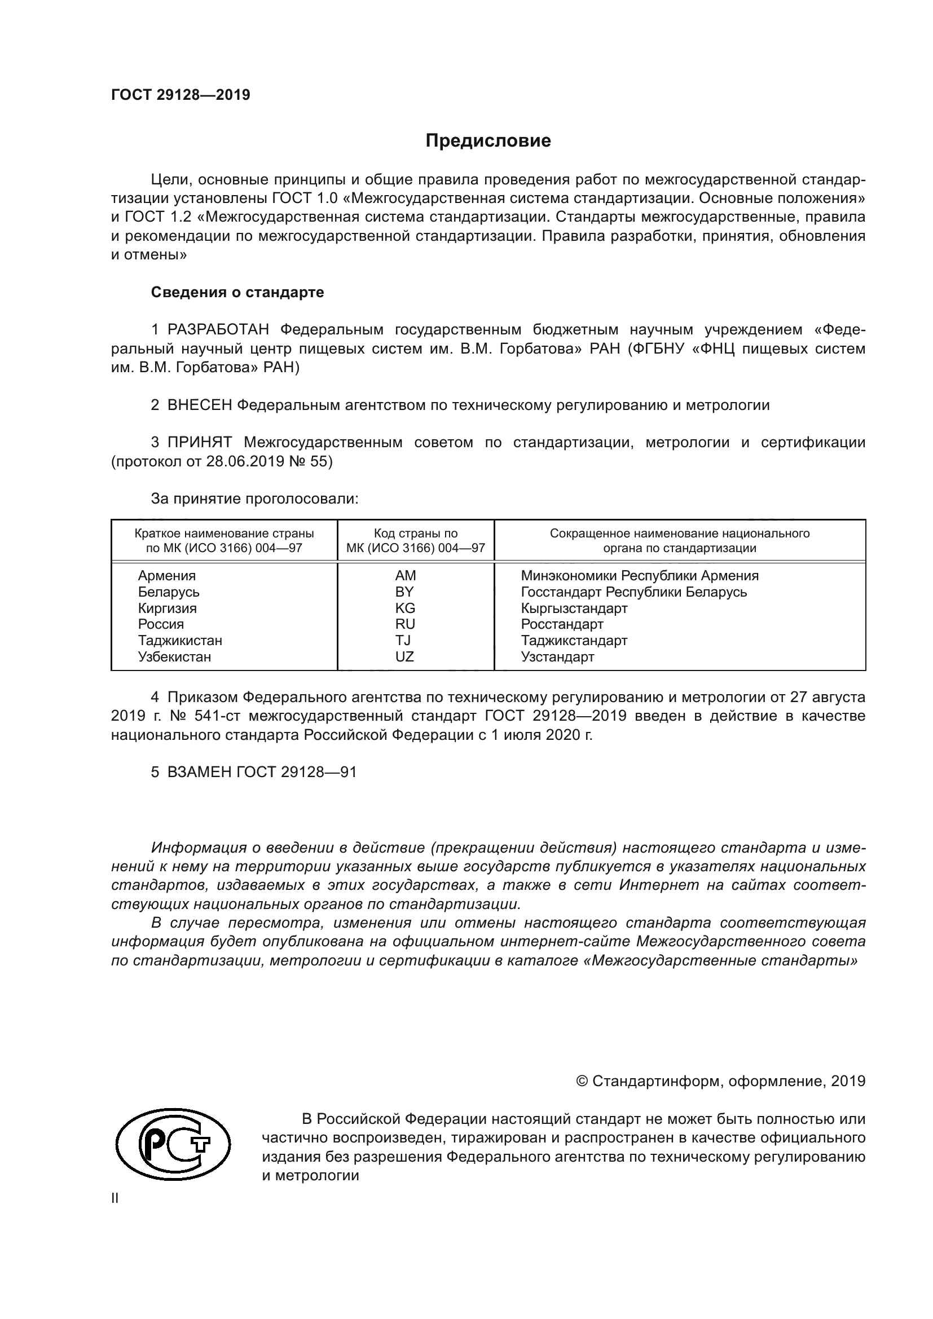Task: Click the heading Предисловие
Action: tap(488, 141)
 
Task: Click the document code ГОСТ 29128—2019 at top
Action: tap(181, 95)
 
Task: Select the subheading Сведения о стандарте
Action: tap(237, 293)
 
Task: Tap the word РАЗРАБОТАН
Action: tap(218, 330)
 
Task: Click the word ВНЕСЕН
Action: tap(199, 405)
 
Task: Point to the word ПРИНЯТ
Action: tap(199, 442)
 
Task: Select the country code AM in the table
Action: tap(405, 576)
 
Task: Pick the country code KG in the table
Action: tap(405, 608)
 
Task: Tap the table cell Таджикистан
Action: tap(180, 641)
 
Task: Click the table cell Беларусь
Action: tap(168, 592)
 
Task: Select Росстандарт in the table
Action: tap(562, 624)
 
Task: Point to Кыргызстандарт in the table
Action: tap(574, 608)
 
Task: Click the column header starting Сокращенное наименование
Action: tap(679, 540)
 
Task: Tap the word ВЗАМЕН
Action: tap(199, 772)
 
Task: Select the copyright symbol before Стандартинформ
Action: tap(582, 1082)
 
